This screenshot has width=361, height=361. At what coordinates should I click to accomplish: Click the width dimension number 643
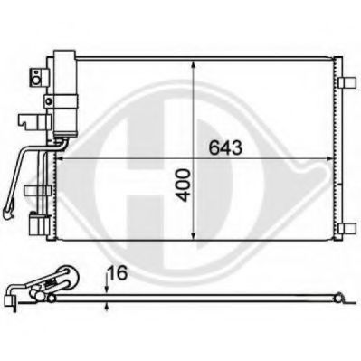[x=225, y=147]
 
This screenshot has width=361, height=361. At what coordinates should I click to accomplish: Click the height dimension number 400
[x=184, y=185]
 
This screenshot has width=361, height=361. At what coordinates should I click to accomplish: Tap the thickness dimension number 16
[x=118, y=273]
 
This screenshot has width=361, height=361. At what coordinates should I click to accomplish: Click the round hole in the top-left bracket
[x=36, y=81]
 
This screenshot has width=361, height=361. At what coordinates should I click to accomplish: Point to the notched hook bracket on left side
[x=33, y=120]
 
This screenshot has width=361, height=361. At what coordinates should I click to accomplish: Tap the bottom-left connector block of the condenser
[x=39, y=224]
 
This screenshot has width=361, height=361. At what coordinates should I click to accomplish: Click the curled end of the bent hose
[x=8, y=212]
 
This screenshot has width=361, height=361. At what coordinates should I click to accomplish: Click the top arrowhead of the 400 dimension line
[x=193, y=66]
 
